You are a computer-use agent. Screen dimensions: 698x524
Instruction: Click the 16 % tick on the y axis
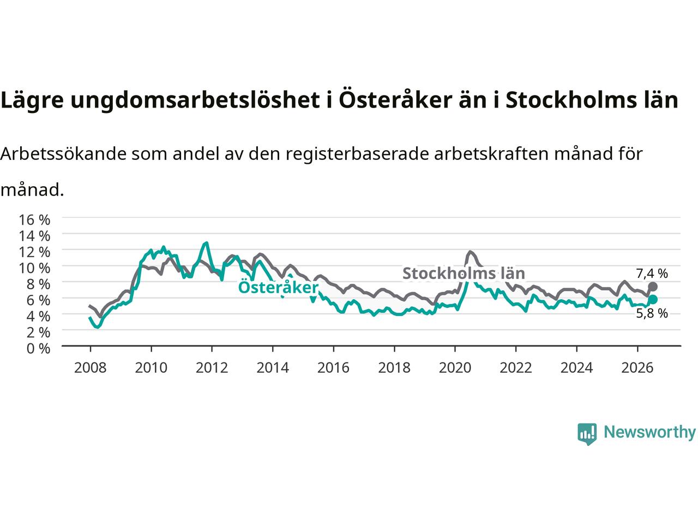click(34, 220)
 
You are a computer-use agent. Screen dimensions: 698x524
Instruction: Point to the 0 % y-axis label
click(38, 349)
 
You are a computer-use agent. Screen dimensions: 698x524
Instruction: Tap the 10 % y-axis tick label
click(34, 268)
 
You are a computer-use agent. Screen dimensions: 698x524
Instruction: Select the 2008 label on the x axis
click(91, 368)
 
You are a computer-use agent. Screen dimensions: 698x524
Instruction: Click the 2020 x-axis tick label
click(455, 368)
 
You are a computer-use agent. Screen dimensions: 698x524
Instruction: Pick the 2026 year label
click(637, 368)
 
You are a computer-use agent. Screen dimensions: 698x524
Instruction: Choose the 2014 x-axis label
click(273, 368)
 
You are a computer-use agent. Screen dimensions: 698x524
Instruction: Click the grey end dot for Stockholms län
click(653, 287)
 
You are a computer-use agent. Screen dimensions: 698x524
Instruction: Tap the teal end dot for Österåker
click(653, 299)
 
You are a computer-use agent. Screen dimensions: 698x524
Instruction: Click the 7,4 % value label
click(652, 273)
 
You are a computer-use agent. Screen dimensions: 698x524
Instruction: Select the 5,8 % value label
click(652, 313)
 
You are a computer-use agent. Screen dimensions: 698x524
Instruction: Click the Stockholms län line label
click(464, 273)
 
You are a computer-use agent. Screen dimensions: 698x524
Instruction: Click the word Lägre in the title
click(32, 100)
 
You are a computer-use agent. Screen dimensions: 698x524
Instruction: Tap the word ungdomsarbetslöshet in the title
click(195, 100)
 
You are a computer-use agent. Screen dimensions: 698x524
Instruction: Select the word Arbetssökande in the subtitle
click(63, 153)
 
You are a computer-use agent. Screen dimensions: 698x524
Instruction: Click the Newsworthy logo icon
click(587, 434)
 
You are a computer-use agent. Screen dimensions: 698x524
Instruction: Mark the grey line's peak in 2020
click(470, 252)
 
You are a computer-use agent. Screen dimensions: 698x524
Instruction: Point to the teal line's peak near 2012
click(207, 243)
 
